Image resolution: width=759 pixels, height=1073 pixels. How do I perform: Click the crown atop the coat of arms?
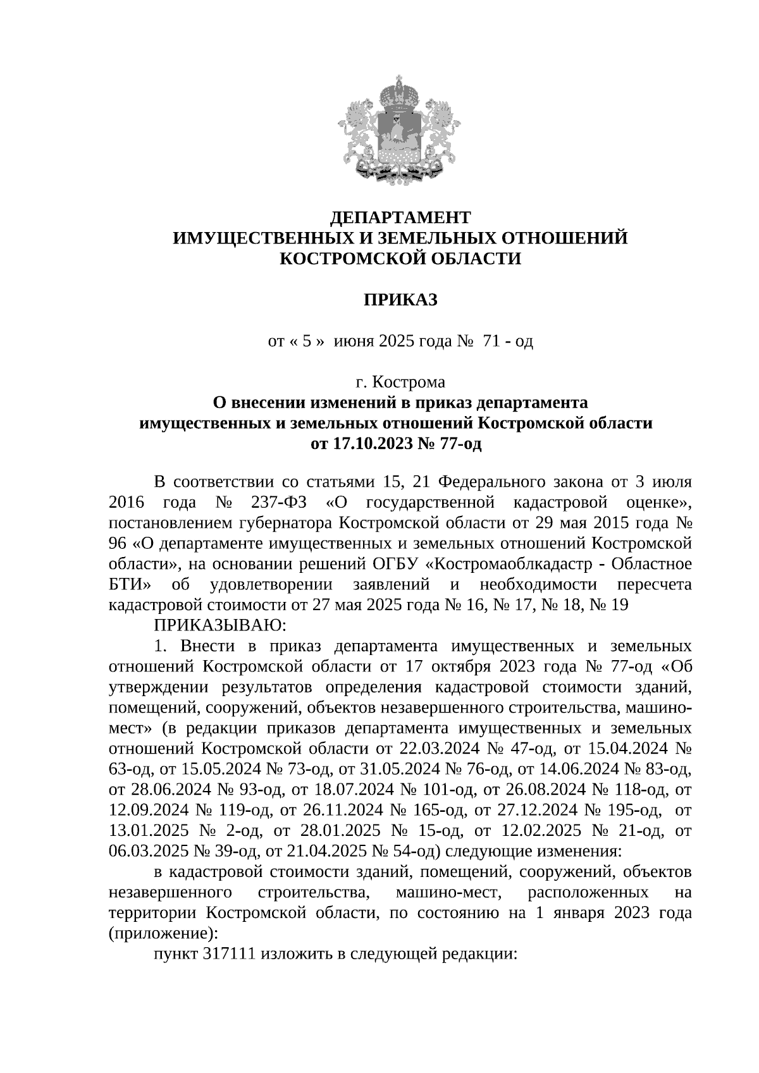(399, 94)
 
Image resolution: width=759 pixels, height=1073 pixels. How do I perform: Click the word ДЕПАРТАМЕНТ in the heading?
(401, 218)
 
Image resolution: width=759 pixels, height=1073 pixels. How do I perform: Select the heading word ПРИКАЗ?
(400, 300)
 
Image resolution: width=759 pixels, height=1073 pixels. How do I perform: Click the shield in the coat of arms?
(399, 136)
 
